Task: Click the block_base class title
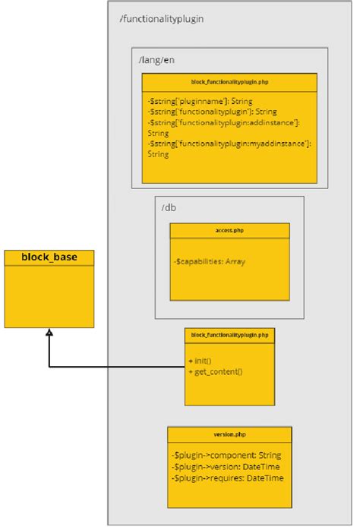[x=49, y=257]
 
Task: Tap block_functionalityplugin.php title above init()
[x=229, y=334]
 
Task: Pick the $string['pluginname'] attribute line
[x=200, y=100]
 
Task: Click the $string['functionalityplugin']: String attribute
[x=212, y=111]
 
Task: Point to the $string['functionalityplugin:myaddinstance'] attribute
[x=229, y=143]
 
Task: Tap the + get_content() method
[x=215, y=371]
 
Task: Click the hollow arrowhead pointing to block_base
[x=49, y=333]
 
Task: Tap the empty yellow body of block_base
[x=49, y=296]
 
